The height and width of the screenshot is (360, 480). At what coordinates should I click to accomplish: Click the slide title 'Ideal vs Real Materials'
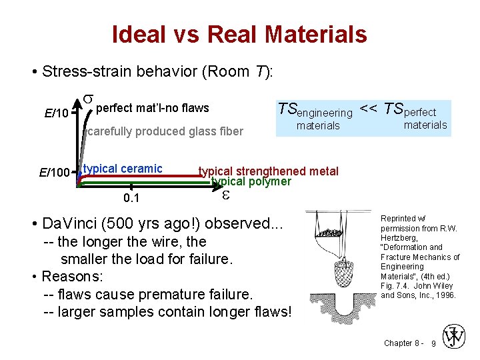click(x=239, y=34)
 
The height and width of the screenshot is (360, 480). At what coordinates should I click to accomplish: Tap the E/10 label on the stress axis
click(x=56, y=113)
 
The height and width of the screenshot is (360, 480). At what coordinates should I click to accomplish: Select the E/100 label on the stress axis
click(x=54, y=173)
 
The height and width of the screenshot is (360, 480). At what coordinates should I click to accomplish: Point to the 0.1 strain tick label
click(x=131, y=199)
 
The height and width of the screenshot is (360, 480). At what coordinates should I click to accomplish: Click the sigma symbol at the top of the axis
click(x=87, y=100)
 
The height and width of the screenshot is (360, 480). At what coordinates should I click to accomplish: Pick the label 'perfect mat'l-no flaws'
click(x=153, y=108)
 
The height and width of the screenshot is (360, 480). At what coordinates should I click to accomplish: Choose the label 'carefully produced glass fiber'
click(x=165, y=131)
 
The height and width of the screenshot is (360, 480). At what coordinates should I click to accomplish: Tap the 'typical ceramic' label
click(x=123, y=168)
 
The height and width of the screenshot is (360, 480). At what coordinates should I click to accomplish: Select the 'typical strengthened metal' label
click(x=269, y=171)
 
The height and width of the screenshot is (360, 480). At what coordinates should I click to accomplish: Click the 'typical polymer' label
click(x=251, y=181)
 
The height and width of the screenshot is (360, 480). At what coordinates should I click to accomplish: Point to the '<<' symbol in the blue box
click(x=368, y=107)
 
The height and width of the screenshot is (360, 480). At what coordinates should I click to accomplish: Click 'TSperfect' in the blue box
click(x=413, y=110)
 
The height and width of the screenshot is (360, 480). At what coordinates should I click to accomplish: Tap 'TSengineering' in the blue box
click(x=315, y=110)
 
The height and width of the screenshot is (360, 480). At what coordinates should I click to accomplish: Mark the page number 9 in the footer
click(x=434, y=343)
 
